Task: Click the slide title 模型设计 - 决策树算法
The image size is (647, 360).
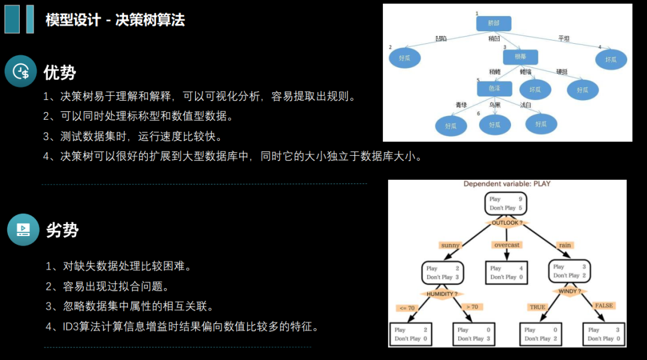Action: click(x=115, y=20)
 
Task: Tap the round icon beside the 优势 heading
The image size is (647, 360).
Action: click(x=21, y=71)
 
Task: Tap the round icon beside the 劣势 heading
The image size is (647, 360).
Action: click(x=23, y=229)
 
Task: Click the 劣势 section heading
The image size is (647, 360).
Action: click(x=62, y=230)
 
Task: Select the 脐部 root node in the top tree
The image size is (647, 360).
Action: click(x=493, y=23)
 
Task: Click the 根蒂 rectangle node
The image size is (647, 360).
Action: click(x=520, y=57)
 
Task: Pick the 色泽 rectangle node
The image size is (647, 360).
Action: click(x=494, y=88)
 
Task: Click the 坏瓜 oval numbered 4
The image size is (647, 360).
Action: click(x=611, y=59)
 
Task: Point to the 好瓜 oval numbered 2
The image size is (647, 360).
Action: click(x=405, y=58)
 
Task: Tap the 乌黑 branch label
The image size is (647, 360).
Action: click(x=494, y=105)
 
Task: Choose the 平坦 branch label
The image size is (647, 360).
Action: click(x=564, y=38)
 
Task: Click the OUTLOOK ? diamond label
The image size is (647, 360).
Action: click(x=507, y=223)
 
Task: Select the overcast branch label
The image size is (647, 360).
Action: click(x=507, y=245)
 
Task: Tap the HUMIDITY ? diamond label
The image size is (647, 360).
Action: click(x=443, y=294)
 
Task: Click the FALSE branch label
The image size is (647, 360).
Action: click(x=603, y=305)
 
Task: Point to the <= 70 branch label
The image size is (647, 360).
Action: click(x=406, y=308)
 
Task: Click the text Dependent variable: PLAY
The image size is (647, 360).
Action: click(x=507, y=184)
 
